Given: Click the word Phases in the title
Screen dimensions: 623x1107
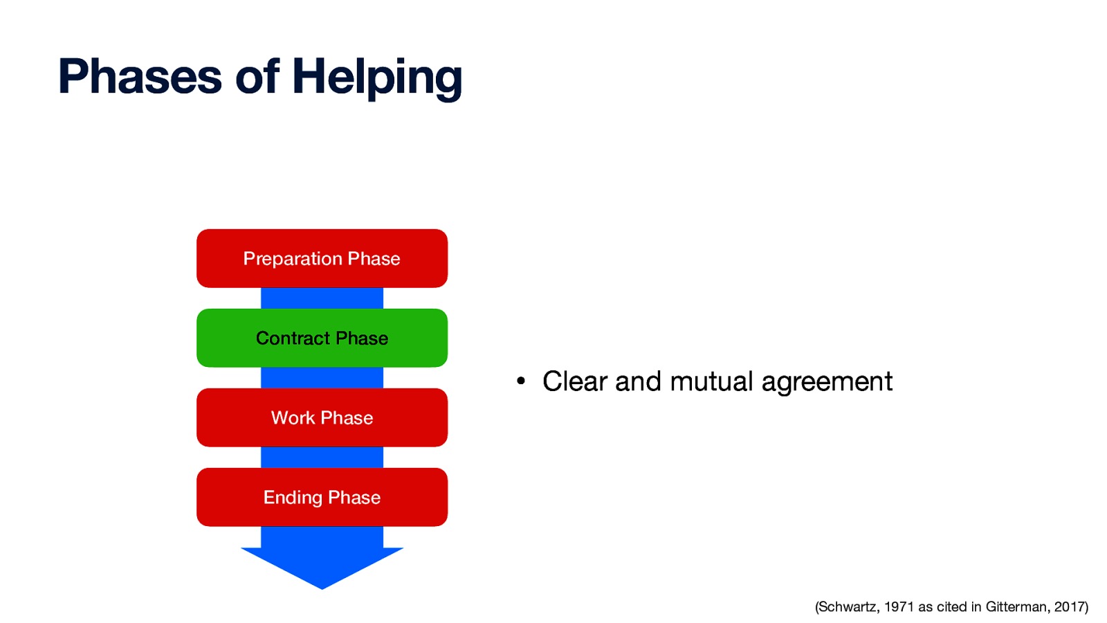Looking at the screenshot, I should click(140, 76).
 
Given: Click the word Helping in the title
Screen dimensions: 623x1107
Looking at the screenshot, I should click(377, 78).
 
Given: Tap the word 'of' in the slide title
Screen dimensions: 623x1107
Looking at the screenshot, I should click(257, 76).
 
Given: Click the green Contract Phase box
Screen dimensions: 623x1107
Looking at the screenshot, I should click(322, 338).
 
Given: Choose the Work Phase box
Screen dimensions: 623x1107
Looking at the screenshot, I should click(322, 417).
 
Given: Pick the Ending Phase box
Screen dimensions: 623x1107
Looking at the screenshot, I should click(322, 497).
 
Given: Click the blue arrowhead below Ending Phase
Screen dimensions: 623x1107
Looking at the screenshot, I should click(322, 564).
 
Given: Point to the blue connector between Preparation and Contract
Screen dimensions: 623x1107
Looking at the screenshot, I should click(322, 298).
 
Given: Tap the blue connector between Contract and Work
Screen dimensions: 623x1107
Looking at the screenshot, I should click(322, 378).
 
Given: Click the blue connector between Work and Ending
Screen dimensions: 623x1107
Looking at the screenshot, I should click(322, 458).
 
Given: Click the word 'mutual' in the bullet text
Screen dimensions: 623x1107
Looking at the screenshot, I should click(711, 381).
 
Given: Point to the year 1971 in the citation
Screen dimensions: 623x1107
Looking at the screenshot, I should click(899, 607).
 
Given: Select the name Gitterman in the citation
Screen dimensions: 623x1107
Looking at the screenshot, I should click(1016, 607).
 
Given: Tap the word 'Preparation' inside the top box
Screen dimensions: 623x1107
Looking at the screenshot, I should click(293, 259).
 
